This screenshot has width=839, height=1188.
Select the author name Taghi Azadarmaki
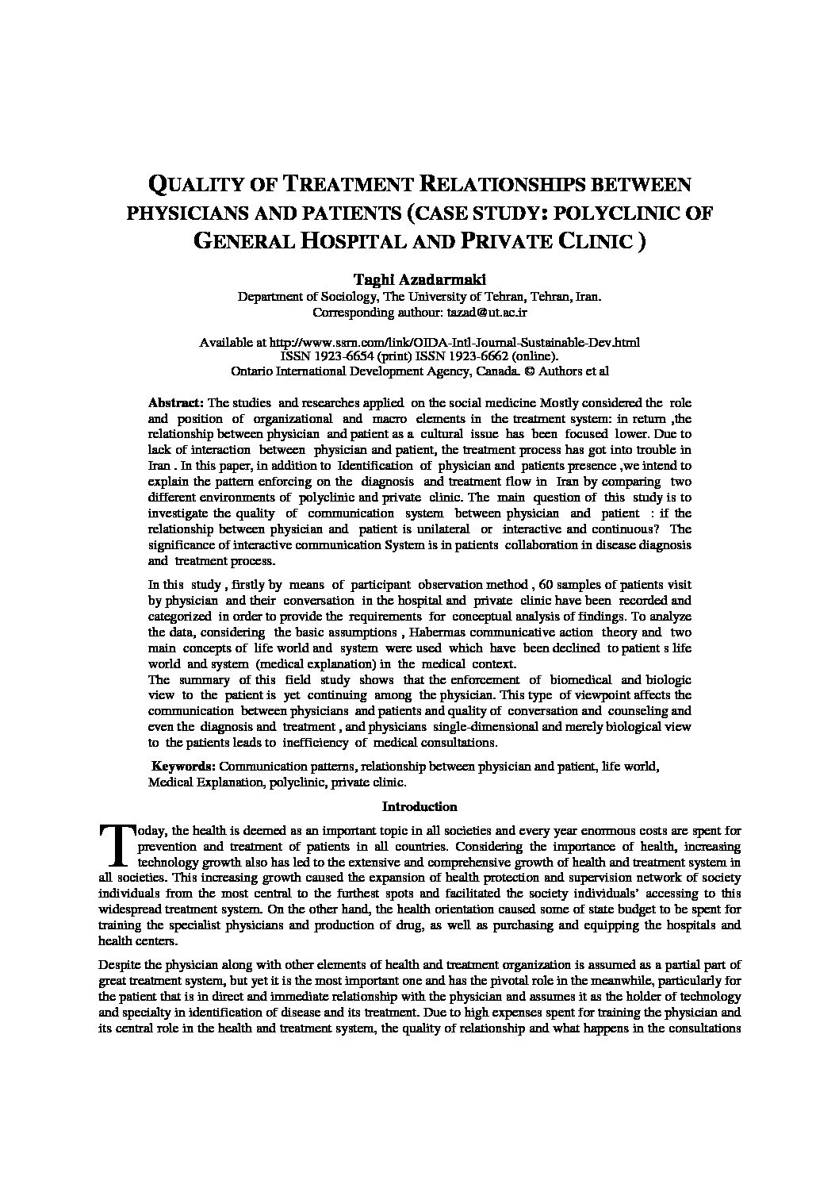coord(419,279)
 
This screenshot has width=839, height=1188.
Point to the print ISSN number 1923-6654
coord(338,356)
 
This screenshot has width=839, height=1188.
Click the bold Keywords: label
coord(184,767)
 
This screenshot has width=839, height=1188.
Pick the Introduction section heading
coord(419,807)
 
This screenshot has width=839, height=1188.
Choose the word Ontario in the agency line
coord(252,371)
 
